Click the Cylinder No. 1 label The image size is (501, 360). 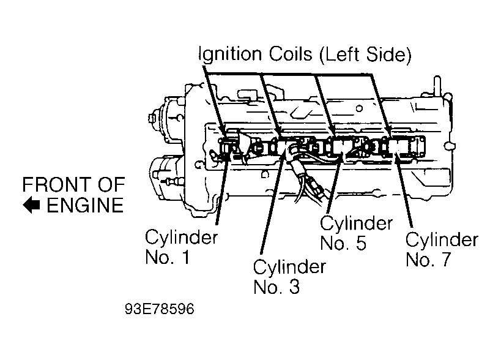coord(181,247)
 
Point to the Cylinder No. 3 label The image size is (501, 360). coord(289,276)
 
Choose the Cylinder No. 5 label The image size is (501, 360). coord(356,233)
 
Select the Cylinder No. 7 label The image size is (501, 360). coord(441,249)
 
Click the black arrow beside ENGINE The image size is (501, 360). coord(32,205)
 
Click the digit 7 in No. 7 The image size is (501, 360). coord(444,260)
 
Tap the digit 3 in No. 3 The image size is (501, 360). coord(293,287)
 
